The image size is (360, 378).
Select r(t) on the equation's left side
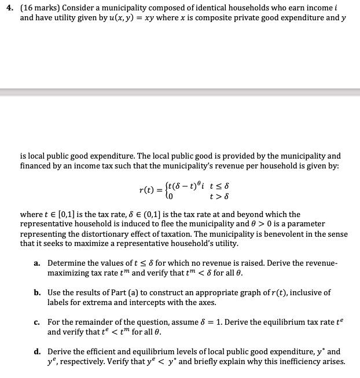(x=149, y=190)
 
